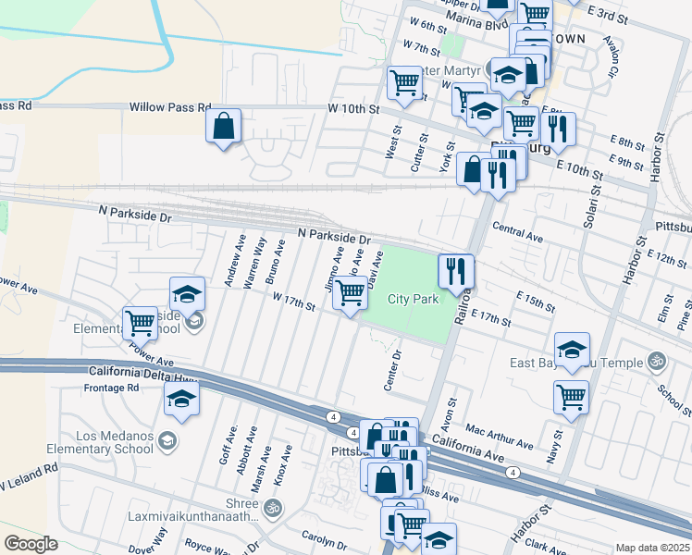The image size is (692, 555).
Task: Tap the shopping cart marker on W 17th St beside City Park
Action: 350,293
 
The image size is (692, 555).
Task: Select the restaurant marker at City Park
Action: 455,271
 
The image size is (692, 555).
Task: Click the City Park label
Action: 412,299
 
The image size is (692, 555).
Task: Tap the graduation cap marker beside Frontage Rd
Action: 181,400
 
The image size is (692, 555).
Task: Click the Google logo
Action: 31,544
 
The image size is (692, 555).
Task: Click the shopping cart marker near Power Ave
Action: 140,324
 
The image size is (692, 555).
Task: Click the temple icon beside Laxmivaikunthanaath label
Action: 273,507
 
